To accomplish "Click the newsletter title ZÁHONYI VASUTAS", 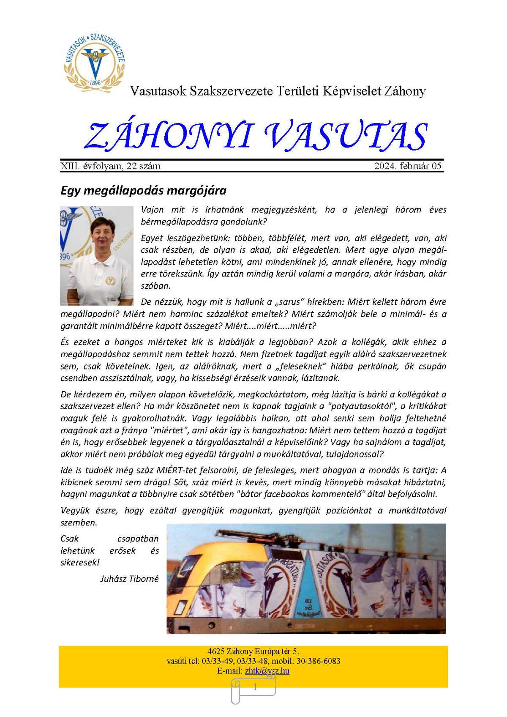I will [256, 136].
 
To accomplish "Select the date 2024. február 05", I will [408, 166].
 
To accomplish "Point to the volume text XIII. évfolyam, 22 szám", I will [110, 166].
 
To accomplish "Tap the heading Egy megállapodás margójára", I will [143, 190].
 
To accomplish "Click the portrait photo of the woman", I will [97, 255].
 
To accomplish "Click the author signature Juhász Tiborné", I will [129, 579].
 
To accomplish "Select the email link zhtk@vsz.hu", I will [267, 671].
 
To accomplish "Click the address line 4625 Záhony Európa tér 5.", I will [253, 651].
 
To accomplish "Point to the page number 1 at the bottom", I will [254, 687].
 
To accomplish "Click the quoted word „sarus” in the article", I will [290, 302].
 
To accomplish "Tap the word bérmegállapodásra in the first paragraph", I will [178, 222].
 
